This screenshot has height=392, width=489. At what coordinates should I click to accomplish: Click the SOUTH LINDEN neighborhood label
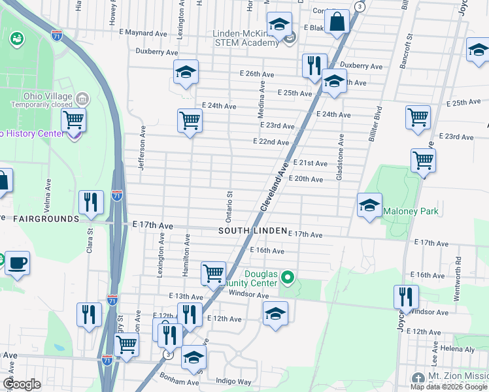tap(252, 231)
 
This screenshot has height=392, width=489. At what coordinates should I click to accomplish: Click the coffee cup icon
tap(17, 263)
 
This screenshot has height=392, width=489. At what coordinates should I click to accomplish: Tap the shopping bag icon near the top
tap(336, 21)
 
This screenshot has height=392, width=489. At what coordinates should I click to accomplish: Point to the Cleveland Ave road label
tap(275, 187)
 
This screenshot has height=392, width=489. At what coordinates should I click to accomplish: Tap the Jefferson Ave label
tap(141, 149)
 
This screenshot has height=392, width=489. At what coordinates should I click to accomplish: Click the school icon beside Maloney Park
tap(369, 205)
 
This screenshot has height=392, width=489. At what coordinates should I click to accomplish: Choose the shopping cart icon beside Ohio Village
tap(74, 120)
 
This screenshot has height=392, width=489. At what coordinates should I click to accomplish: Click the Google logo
tap(22, 384)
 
